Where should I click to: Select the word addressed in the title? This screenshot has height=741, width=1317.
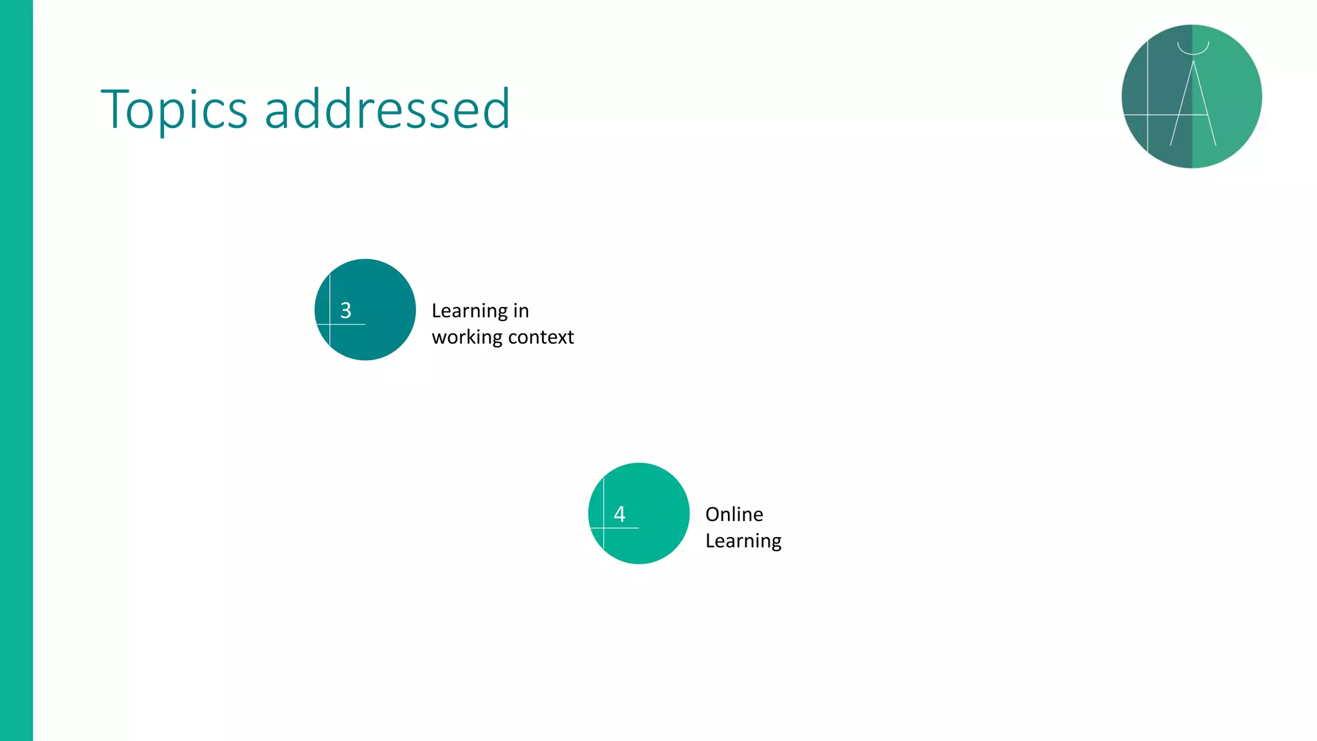[387, 109]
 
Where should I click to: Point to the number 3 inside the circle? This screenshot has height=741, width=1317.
[346, 311]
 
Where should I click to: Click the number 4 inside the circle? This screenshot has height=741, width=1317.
[619, 514]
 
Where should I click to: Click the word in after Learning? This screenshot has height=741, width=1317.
[521, 311]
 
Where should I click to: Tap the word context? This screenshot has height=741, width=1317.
[541, 337]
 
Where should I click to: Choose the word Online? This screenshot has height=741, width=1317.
[734, 515]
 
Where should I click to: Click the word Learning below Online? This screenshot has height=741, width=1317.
[743, 541]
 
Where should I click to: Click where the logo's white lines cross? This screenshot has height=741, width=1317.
[1148, 115]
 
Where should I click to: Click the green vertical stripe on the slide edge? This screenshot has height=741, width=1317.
[16, 370]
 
